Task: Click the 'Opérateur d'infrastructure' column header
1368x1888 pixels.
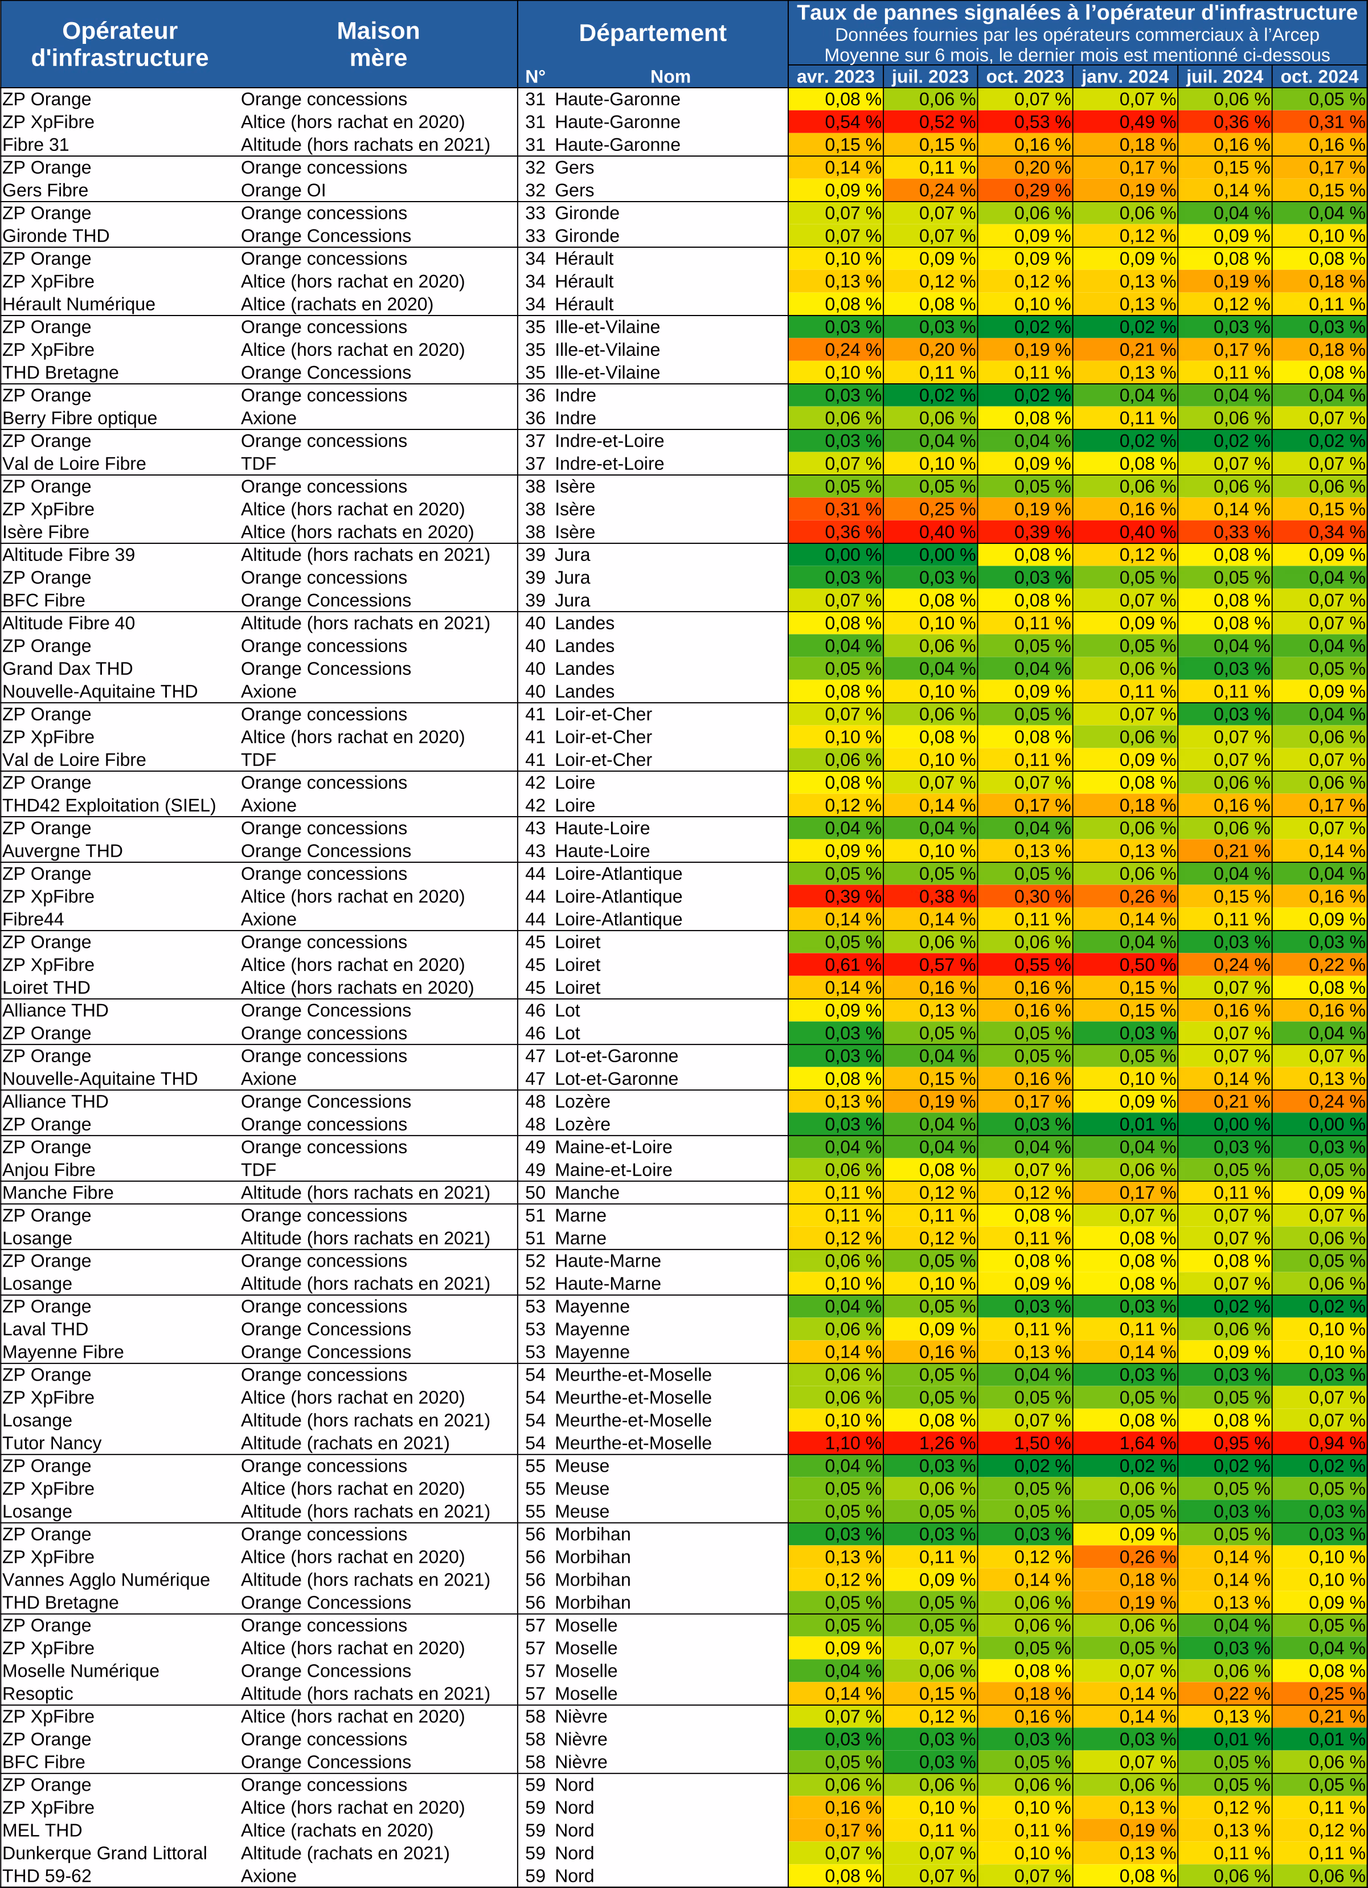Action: (120, 44)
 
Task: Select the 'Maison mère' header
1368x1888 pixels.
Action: (378, 44)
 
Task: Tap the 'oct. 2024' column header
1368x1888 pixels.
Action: (1319, 76)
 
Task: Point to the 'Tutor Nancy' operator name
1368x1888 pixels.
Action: (52, 1443)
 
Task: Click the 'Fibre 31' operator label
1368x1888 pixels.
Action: (36, 145)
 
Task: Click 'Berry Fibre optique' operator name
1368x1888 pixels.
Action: (80, 419)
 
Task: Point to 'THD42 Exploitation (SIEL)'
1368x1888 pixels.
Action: (109, 806)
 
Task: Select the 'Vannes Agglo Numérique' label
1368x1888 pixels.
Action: (107, 1580)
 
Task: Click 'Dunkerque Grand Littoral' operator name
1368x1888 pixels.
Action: (105, 1853)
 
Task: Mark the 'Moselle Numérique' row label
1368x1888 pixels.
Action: (81, 1671)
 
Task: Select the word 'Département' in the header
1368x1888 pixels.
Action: (653, 33)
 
